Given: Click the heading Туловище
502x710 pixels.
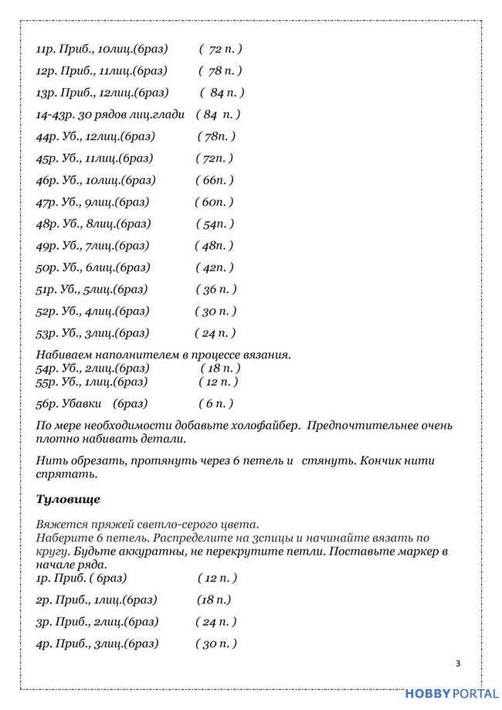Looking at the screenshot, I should tap(68, 499).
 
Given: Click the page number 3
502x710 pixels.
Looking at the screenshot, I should tap(458, 663).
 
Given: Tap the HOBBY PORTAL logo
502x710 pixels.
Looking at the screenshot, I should tap(452, 694).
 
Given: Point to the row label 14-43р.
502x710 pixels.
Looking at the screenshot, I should tap(54, 115).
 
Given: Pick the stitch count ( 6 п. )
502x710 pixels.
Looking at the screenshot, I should tap(215, 404).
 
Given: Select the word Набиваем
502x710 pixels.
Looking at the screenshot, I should tap(66, 355).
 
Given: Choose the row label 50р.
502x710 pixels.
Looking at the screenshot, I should tap(46, 268).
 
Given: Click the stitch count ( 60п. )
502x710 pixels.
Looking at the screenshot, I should tap(213, 202).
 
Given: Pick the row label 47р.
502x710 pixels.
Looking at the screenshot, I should tap(46, 202).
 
